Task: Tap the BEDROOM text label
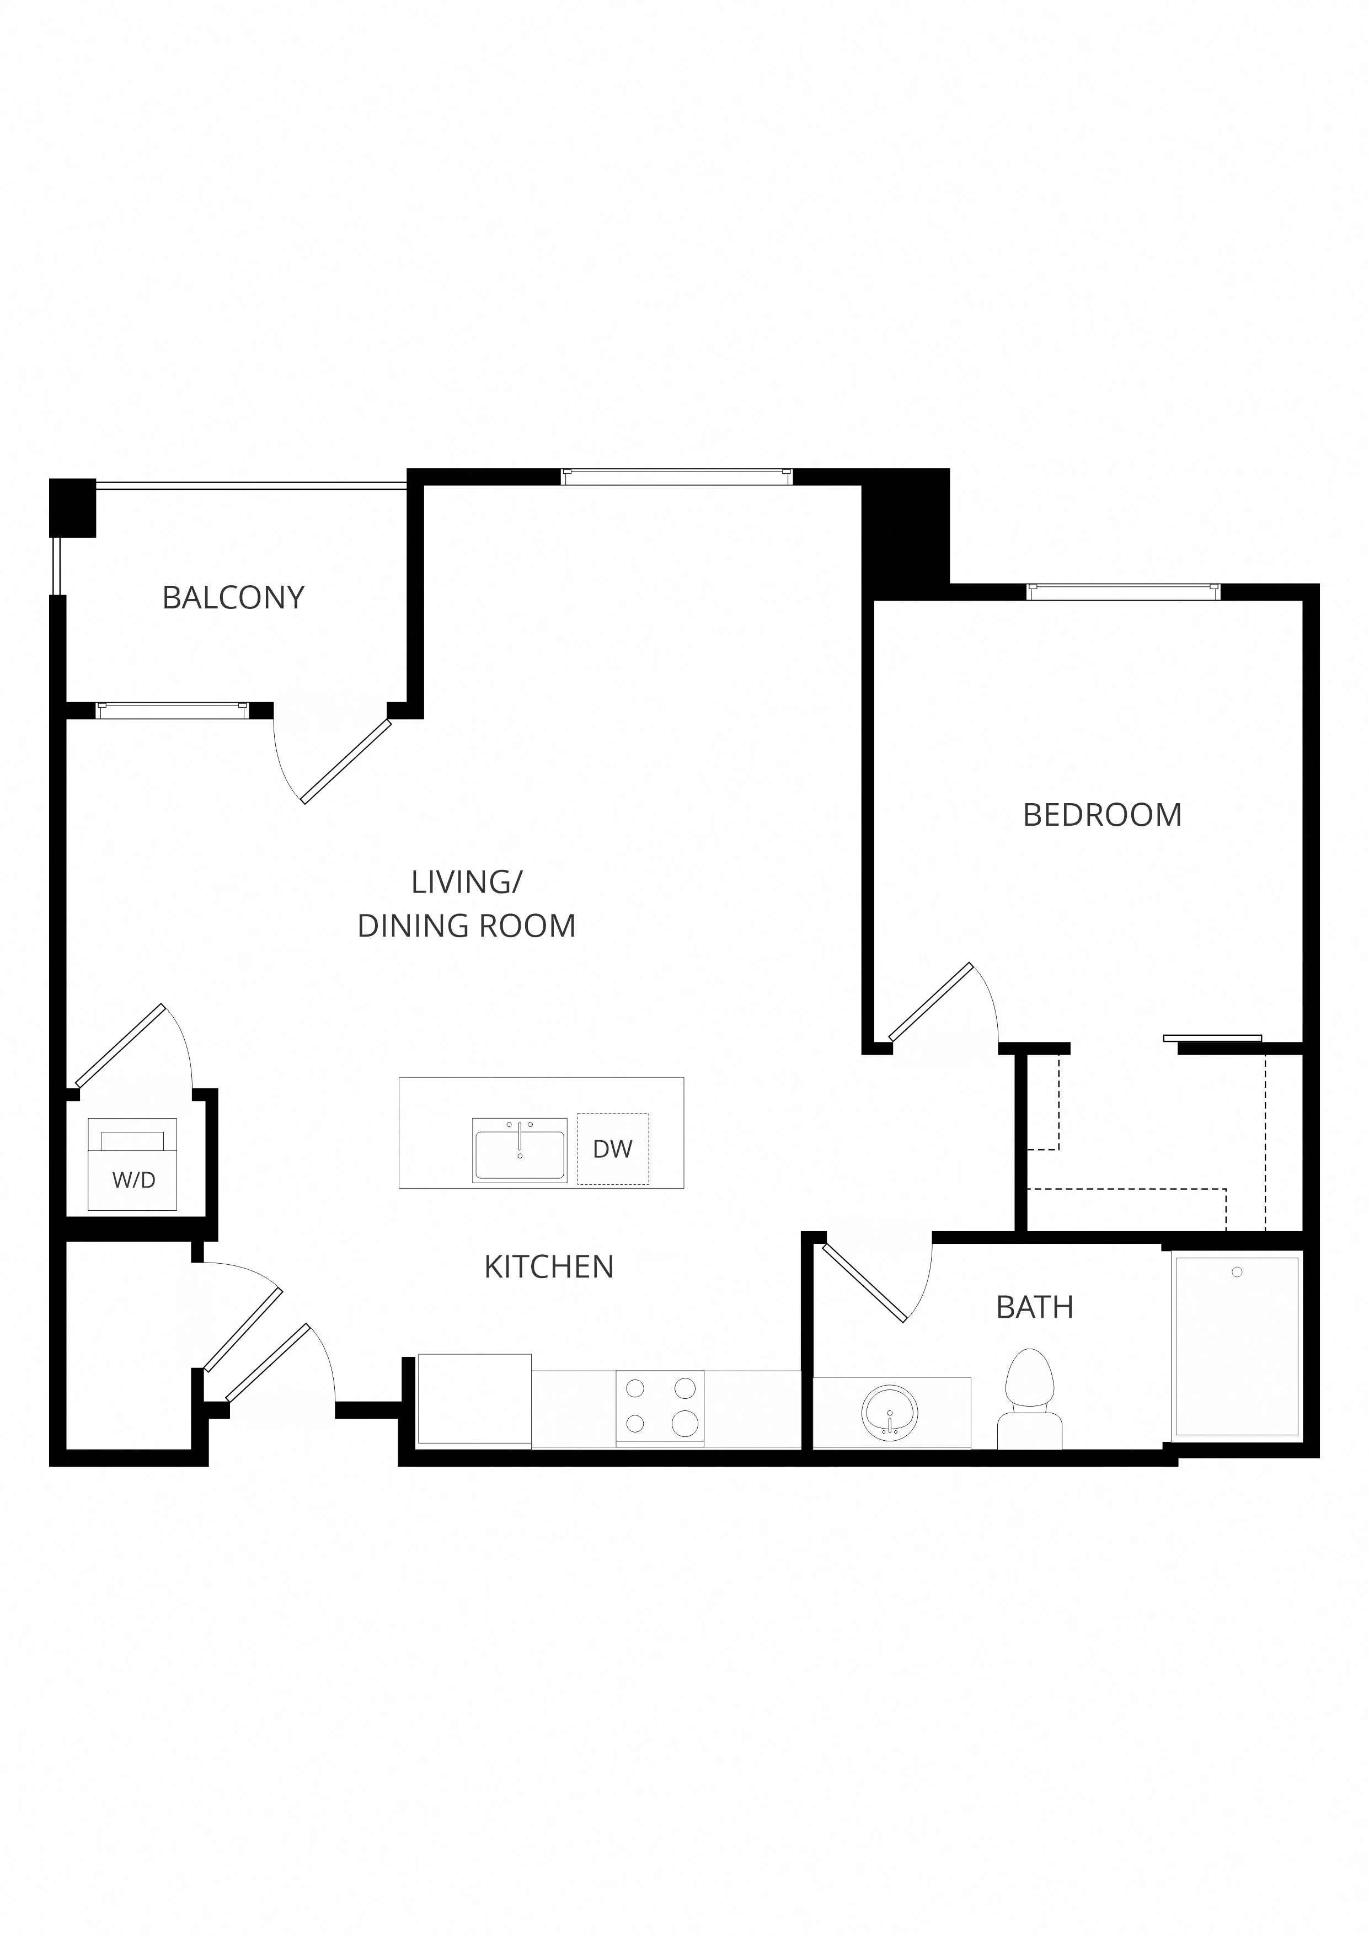pos(1102,815)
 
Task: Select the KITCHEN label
pos(549,1266)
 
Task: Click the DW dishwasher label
pos(613,1148)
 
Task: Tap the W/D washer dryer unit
pos(132,1164)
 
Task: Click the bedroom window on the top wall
pos(1123,592)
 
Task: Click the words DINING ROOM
pos(466,926)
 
